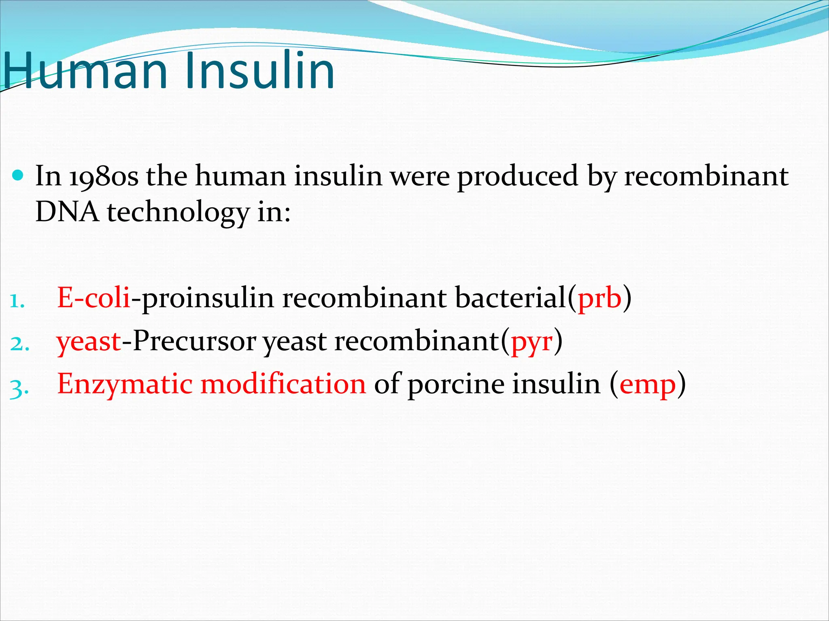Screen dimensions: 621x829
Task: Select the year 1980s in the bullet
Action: pyautogui.click(x=103, y=176)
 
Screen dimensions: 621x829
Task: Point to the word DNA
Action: pyautogui.click(x=67, y=212)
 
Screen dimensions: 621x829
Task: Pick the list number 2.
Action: pyautogui.click(x=19, y=344)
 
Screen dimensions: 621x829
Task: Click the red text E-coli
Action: pyautogui.click(x=94, y=298)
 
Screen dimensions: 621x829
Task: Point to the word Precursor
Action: pyautogui.click(x=194, y=341)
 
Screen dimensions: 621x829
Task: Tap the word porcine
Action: pyautogui.click(x=456, y=384)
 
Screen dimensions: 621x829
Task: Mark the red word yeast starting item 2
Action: pyautogui.click(x=89, y=342)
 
